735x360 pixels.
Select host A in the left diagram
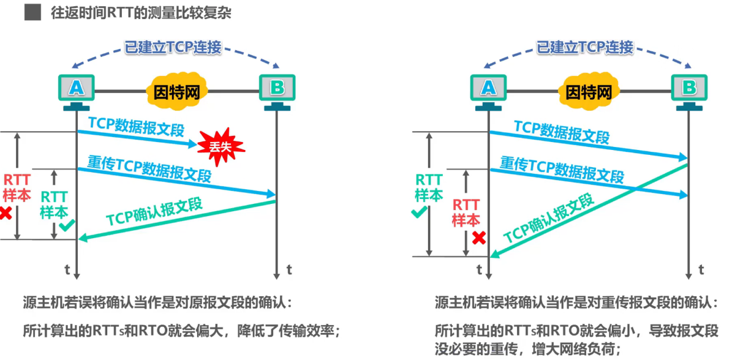(x=76, y=88)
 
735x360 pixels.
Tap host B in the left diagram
(x=277, y=88)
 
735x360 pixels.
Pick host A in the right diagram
(x=488, y=88)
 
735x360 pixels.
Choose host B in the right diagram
(x=689, y=88)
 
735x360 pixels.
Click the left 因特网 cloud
(x=176, y=92)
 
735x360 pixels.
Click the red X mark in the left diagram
(x=6, y=213)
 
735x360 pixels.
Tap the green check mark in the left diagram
(x=66, y=226)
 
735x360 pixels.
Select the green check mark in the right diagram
(x=419, y=212)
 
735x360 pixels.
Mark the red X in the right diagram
(x=479, y=238)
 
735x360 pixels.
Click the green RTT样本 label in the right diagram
(x=429, y=187)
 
